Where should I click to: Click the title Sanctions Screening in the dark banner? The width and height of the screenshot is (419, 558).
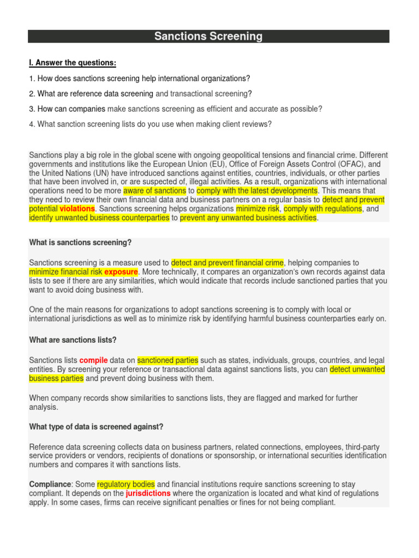pyautogui.click(x=208, y=37)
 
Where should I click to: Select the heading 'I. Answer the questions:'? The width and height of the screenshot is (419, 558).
pyautogui.click(x=73, y=63)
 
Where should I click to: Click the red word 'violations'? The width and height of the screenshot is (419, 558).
pyautogui.click(x=77, y=209)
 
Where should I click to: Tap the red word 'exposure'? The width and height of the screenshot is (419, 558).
pyautogui.click(x=121, y=271)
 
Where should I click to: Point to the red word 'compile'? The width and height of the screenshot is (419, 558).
pyautogui.click(x=94, y=360)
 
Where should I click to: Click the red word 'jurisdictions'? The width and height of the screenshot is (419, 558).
pyautogui.click(x=148, y=493)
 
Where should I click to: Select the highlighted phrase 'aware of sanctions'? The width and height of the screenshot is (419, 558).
pyautogui.click(x=155, y=191)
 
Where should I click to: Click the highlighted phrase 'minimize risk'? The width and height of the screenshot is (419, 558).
pyautogui.click(x=258, y=209)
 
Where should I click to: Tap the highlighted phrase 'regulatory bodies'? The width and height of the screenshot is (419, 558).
pyautogui.click(x=126, y=484)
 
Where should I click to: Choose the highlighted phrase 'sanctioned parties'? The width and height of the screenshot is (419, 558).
pyautogui.click(x=167, y=360)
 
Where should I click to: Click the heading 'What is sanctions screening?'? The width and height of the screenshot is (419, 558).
pyautogui.click(x=80, y=242)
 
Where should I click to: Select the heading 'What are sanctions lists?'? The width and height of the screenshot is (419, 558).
pyautogui.click(x=73, y=340)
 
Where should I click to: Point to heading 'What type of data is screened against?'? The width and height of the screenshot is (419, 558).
pyautogui.click(x=96, y=426)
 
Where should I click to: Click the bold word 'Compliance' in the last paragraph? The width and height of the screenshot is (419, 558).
pyautogui.click(x=50, y=484)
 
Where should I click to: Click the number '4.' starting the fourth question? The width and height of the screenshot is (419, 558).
pyautogui.click(x=32, y=124)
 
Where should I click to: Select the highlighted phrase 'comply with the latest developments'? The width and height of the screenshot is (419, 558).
pyautogui.click(x=257, y=191)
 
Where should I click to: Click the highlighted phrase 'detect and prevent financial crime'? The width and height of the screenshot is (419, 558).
pyautogui.click(x=228, y=263)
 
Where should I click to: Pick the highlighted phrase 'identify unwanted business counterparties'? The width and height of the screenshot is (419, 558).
pyautogui.click(x=99, y=218)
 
